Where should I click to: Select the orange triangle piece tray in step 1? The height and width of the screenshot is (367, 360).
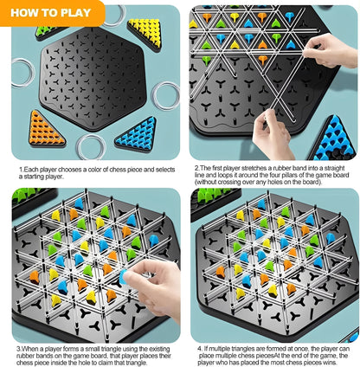coord(46,129)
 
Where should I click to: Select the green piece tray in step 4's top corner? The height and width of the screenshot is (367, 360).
coord(203,195)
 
